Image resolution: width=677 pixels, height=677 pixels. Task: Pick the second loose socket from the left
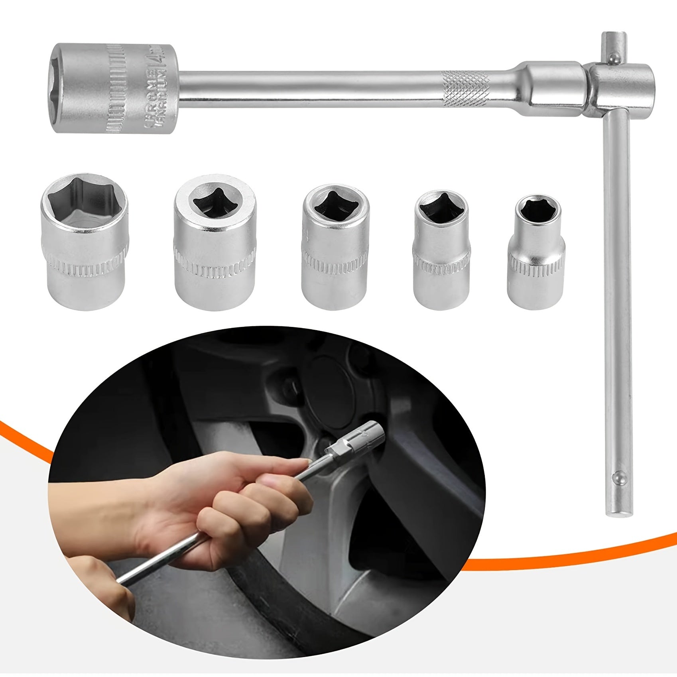(x=215, y=243)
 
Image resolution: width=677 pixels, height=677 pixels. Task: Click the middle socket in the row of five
(x=335, y=247)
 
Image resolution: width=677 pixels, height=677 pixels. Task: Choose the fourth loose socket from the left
(x=441, y=250)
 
